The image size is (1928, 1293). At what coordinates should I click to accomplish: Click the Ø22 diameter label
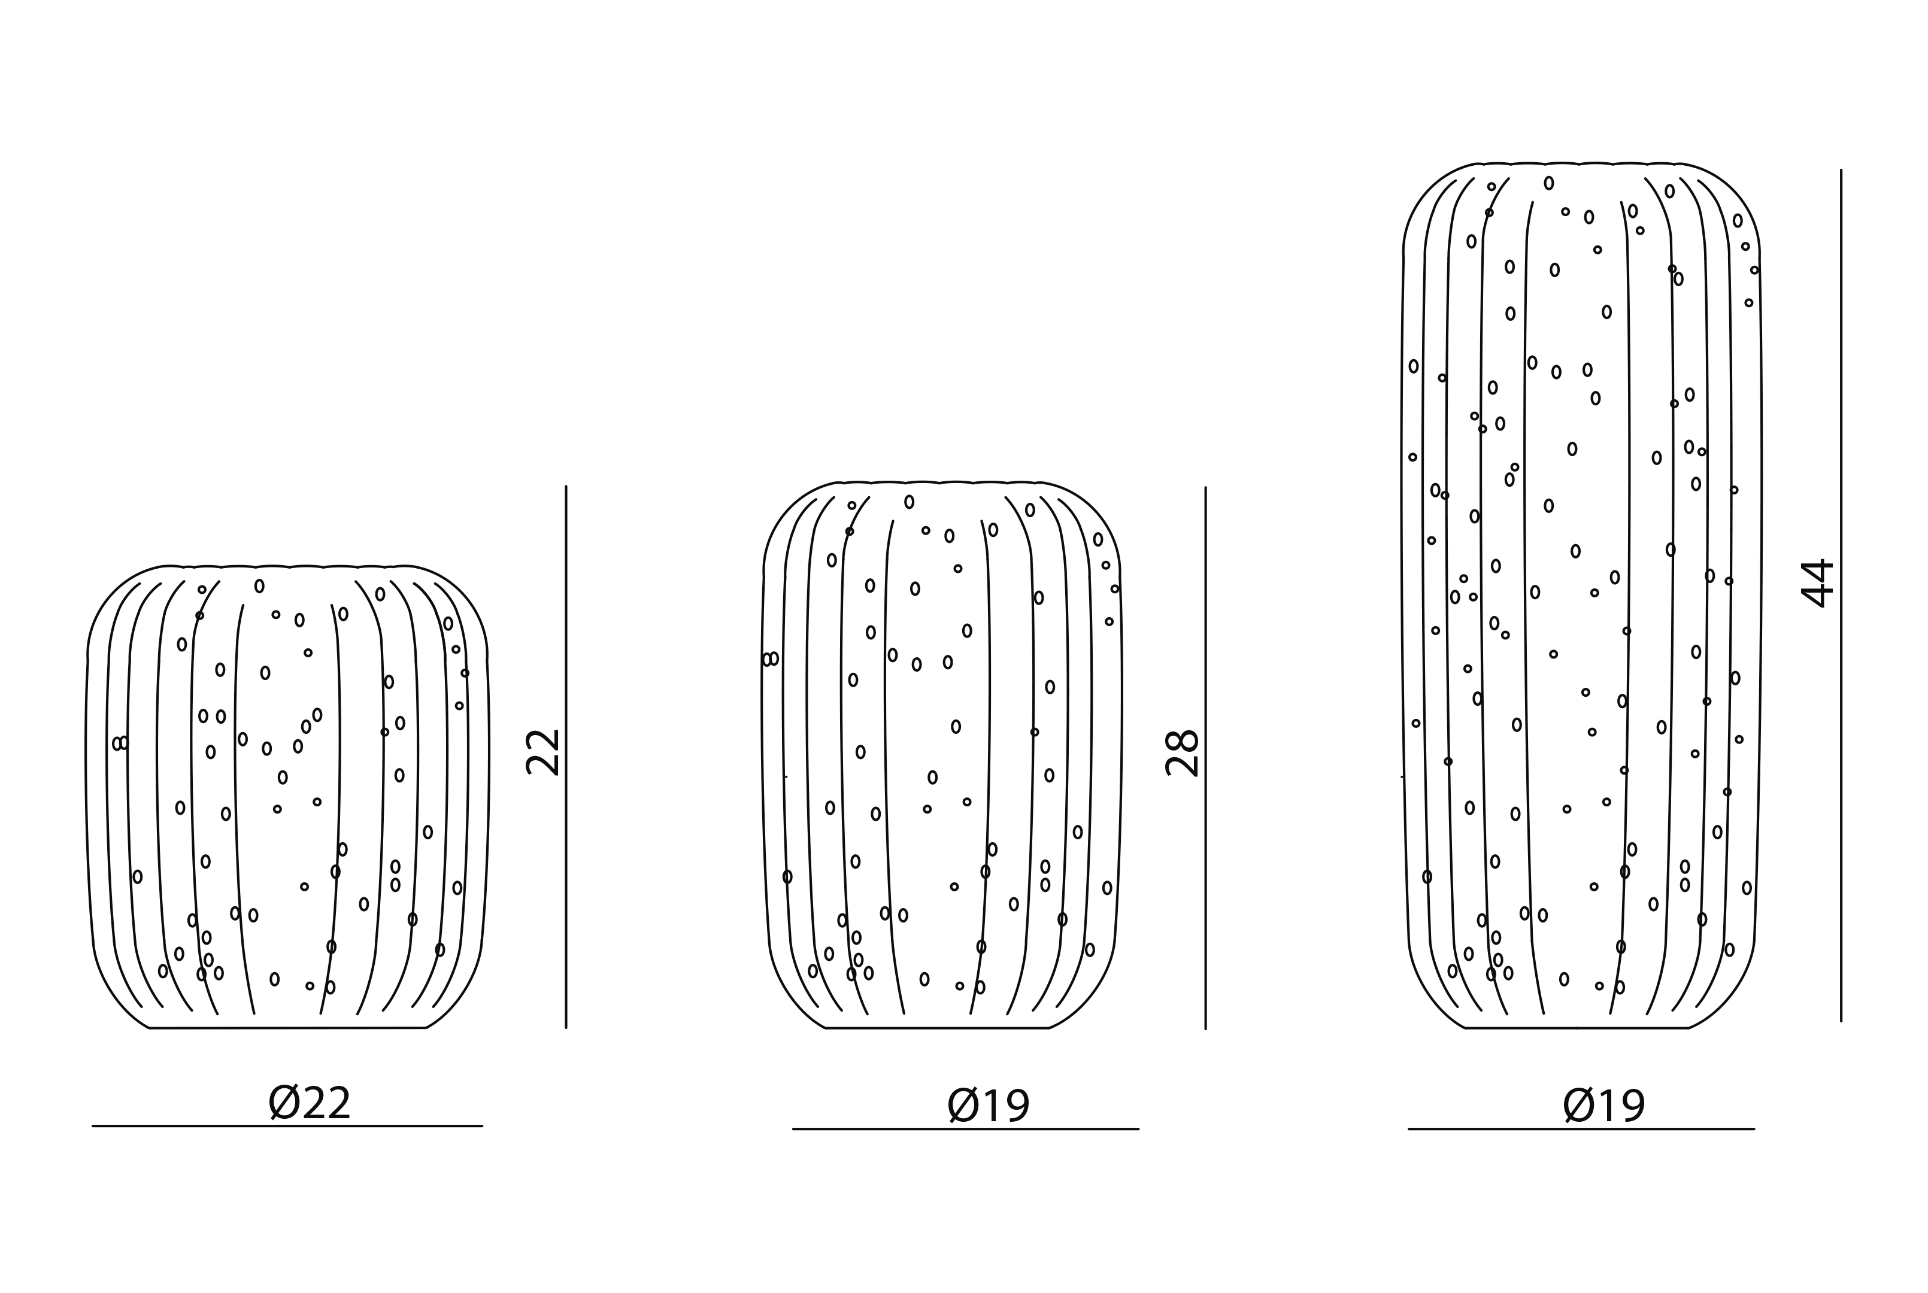pos(310,1103)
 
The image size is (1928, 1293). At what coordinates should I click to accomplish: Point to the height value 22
pos(544,752)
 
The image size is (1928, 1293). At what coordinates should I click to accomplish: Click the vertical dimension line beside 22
pos(566,757)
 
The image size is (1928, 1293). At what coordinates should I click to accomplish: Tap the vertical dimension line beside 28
pos(1206,758)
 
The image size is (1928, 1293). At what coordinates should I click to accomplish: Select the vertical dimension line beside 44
pos(1841,596)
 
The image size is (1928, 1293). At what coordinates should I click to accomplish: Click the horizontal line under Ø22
pos(287,1125)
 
